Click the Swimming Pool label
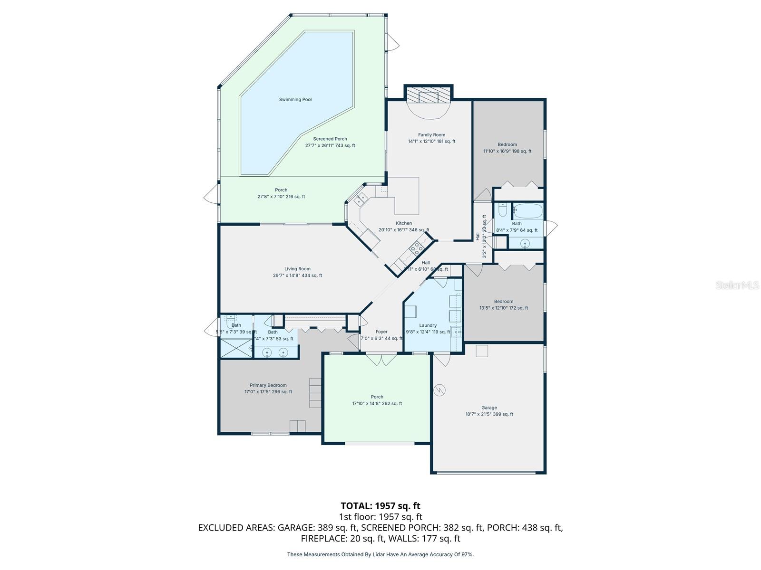(x=295, y=100)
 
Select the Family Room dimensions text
(x=431, y=141)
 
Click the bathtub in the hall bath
(x=527, y=210)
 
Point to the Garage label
(x=489, y=408)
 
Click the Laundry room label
(x=428, y=325)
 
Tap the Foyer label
(x=381, y=332)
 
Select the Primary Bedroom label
(x=268, y=385)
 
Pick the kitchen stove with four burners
(x=417, y=247)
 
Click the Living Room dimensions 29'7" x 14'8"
(x=297, y=275)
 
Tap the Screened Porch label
(x=330, y=139)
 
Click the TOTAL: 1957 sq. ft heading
(x=380, y=506)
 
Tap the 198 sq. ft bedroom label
(x=507, y=144)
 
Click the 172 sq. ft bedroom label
(x=503, y=301)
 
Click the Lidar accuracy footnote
(x=380, y=554)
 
